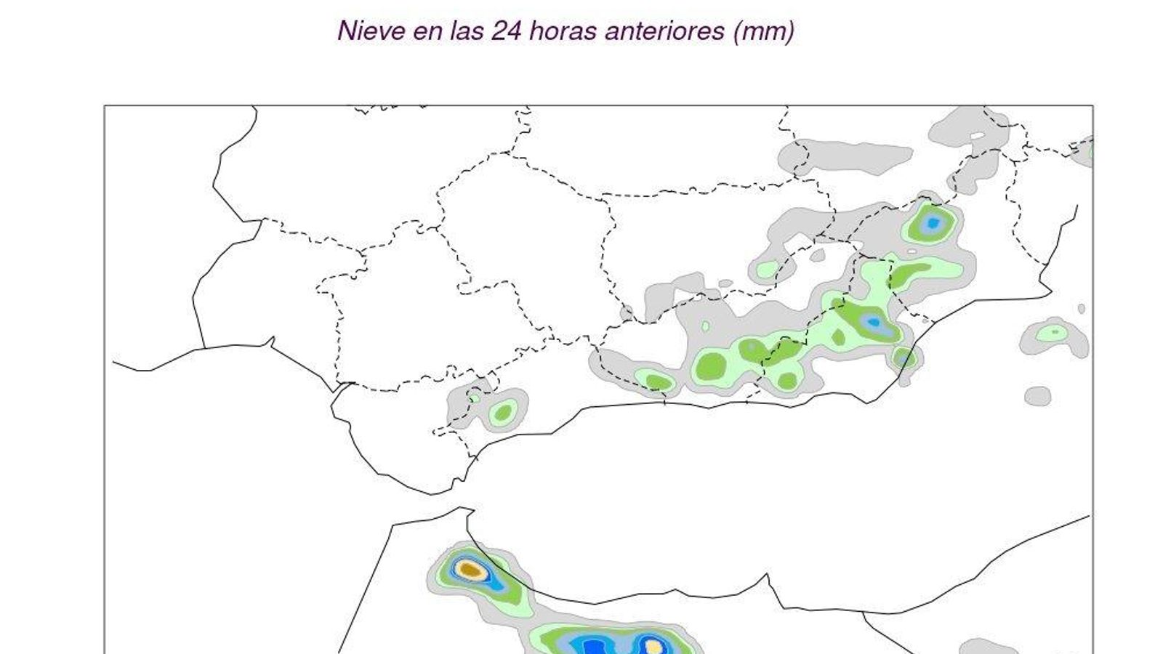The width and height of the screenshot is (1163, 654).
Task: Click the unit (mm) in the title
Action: point(764,31)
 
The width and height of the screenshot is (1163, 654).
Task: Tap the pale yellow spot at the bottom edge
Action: point(654,646)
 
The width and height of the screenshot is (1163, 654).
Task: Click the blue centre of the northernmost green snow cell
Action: point(933,223)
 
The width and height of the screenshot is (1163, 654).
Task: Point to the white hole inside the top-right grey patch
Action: point(978,134)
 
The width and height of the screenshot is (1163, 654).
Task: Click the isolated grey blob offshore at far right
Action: point(1037,396)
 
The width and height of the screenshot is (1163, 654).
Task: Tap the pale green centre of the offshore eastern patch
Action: point(1053,333)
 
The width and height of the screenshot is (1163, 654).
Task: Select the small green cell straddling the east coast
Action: point(905,358)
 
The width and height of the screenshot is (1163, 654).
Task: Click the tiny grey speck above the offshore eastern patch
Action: point(1082,308)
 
